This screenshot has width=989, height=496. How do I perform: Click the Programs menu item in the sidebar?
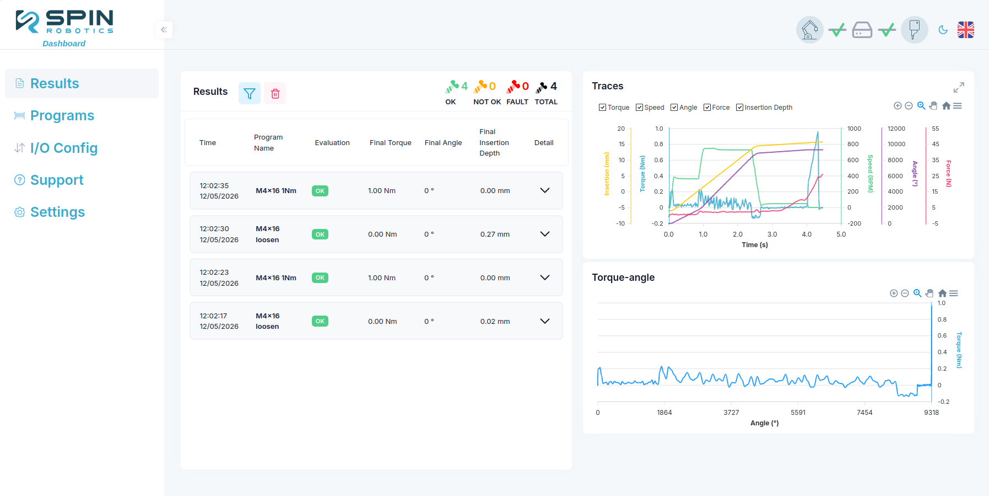(x=62, y=115)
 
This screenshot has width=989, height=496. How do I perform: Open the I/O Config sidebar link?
(x=64, y=148)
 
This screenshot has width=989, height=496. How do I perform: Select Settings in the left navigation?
(x=57, y=212)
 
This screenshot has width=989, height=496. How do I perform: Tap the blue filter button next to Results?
(x=250, y=94)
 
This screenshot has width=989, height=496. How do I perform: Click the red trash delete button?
(x=275, y=94)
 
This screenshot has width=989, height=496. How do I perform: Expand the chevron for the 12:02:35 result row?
(x=545, y=190)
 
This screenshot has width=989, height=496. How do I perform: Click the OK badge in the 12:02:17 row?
(x=320, y=321)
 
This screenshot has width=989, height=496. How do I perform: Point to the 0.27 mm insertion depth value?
(x=495, y=234)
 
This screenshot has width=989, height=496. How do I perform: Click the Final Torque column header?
(x=391, y=143)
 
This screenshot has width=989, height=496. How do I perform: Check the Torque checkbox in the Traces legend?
(x=603, y=108)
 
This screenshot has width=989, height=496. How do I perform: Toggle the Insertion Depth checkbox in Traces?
(x=740, y=108)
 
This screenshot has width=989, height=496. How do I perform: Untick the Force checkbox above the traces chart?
(x=707, y=108)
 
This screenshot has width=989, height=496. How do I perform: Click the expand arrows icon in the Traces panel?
(x=959, y=88)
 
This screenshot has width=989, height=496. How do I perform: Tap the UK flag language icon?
(x=966, y=30)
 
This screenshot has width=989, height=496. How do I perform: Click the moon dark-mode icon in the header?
(x=943, y=30)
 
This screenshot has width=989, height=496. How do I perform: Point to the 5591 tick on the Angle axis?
(x=798, y=413)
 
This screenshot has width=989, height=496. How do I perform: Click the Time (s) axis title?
(x=755, y=245)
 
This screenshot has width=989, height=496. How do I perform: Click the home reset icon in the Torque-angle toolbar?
(x=942, y=294)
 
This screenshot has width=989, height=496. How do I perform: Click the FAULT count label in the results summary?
(x=517, y=102)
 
